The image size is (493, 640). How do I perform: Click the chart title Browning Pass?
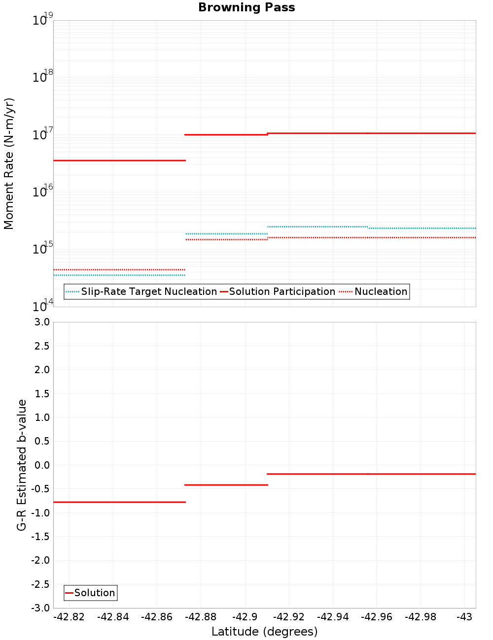(x=246, y=7)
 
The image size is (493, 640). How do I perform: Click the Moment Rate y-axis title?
(x=9, y=163)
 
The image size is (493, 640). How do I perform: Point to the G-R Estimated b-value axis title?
(x=22, y=465)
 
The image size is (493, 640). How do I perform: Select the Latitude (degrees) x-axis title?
(x=264, y=632)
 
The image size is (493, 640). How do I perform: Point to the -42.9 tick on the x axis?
(x=245, y=617)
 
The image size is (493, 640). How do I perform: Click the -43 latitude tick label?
(x=464, y=617)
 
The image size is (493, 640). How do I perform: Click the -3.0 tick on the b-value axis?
(x=40, y=608)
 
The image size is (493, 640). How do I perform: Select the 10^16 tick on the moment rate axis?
(x=40, y=192)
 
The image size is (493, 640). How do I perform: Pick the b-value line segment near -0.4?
(x=226, y=485)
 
